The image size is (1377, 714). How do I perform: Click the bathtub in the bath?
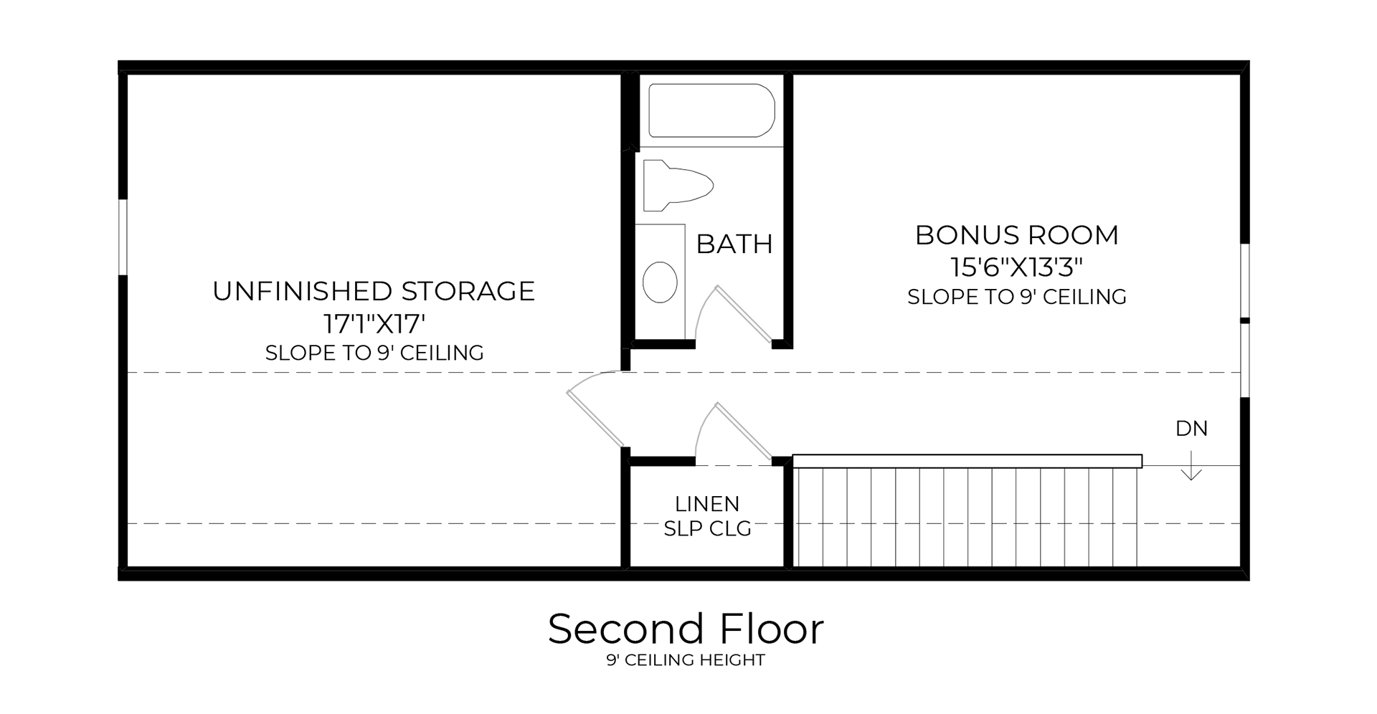point(711,110)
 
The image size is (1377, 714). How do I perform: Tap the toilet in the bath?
point(677,186)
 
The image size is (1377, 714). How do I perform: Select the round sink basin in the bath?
point(660,281)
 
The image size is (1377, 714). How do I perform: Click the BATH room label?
point(734,244)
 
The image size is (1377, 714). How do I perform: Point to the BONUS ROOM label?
point(1016,235)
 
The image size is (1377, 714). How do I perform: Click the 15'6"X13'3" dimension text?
point(1016,267)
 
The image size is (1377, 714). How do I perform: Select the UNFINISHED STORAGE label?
point(374,291)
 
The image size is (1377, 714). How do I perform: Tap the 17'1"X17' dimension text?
point(374,324)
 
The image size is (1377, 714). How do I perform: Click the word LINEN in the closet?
point(707,504)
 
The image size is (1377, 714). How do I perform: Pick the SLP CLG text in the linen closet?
point(707,529)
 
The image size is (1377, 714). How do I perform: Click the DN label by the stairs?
point(1191,429)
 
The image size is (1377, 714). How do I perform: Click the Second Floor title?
point(686,629)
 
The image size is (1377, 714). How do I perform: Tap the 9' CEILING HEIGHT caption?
point(686,660)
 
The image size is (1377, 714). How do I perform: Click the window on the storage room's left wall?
point(123,237)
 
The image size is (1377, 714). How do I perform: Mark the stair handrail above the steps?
point(967,461)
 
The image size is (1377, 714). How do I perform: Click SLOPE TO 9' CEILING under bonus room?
point(1016,297)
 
